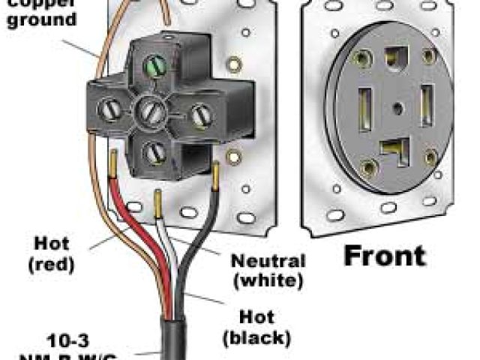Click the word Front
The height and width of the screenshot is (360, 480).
point(384,256)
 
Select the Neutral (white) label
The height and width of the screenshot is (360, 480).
point(268,271)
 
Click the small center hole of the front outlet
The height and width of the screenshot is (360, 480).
point(396,106)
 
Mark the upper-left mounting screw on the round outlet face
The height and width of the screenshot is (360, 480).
point(365,57)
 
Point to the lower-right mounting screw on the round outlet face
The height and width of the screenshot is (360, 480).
point(430,157)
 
